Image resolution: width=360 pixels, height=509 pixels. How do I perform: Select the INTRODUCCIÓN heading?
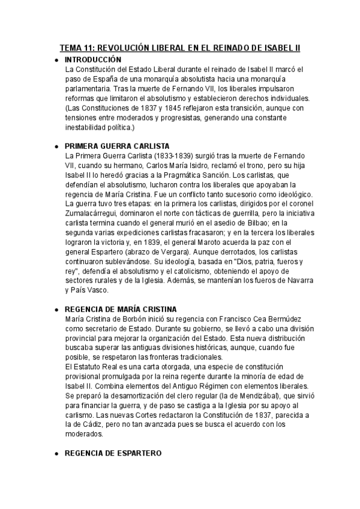(92, 59)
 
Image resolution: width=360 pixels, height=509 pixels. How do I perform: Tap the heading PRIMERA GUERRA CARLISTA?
(116, 146)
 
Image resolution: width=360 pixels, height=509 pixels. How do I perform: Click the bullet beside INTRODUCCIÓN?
(56, 60)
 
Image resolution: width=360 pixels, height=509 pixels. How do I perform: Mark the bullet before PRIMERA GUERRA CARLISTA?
(56, 146)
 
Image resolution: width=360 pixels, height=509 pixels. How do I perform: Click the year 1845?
(155, 107)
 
